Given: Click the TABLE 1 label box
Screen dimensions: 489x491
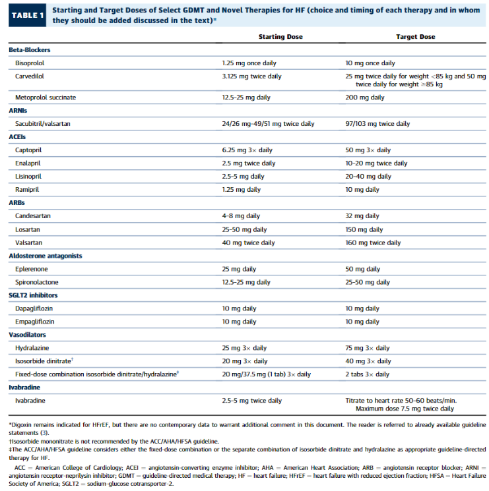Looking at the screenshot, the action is pos(27,15).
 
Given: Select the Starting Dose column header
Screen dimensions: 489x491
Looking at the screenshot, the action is pos(280,37).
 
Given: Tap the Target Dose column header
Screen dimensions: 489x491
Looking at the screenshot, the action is pos(415,37).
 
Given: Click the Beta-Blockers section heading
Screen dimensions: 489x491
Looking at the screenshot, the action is pos(30,50).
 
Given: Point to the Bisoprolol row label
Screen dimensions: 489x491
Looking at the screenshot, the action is pos(30,63).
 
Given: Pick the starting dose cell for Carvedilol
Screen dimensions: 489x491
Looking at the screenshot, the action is pos(251,76).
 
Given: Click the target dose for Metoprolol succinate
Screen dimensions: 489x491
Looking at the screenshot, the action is pos(365,98).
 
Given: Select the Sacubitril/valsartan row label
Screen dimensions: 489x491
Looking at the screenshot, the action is pos(43,124).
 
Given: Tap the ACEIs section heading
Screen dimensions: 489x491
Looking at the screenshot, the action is pos(17,137).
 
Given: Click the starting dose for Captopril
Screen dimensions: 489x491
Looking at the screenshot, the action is pos(247,150).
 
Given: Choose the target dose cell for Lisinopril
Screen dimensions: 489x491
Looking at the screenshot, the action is pos(368,176).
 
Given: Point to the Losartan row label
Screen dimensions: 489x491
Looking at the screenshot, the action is pos(28,229).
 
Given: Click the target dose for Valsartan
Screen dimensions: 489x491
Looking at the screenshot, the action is pos(373,243).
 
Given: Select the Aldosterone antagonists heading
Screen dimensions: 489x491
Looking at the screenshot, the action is pos(46,256).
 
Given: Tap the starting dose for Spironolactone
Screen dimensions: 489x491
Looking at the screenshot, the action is pos(246,282).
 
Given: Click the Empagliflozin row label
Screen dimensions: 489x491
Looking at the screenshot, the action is pos(35,322).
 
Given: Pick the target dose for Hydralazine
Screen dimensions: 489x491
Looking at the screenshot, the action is pos(368,348).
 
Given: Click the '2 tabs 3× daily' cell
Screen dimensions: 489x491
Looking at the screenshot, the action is pos(368,374).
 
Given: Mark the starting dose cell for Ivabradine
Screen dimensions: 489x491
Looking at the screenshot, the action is pos(252,401).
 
